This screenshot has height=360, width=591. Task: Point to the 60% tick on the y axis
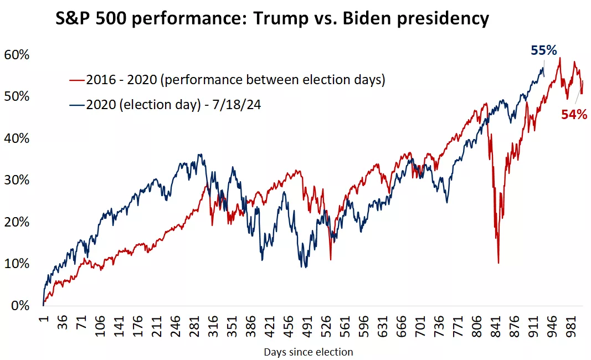tap(17, 55)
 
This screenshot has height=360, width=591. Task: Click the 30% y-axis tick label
tap(17, 181)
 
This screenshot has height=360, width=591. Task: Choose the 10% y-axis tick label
tap(17, 264)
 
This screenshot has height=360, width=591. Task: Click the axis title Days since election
tap(308, 352)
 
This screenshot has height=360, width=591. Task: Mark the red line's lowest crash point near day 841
tap(499, 263)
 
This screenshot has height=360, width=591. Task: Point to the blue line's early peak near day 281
tap(200, 155)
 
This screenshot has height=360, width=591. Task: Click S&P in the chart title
tap(75, 19)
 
